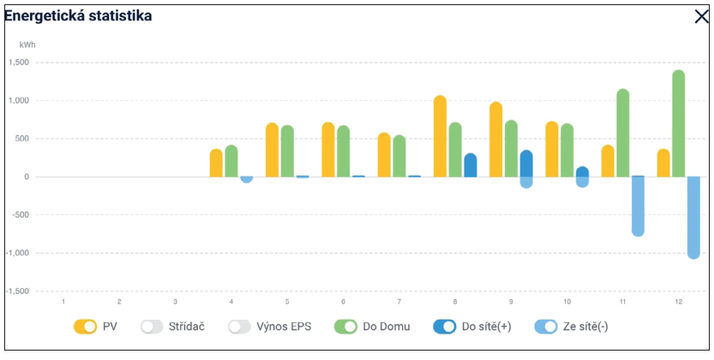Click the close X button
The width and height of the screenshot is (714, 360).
701,15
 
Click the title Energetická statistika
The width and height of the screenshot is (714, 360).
78,15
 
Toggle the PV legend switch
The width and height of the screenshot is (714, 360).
86,326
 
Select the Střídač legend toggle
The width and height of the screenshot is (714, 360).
153,326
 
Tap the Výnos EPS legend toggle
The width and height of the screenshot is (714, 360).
239,326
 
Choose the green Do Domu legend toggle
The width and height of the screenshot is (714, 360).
346,326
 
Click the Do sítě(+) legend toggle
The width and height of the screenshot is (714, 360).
445,326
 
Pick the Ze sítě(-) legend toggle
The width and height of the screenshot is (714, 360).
545,326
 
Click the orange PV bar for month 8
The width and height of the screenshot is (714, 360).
440,136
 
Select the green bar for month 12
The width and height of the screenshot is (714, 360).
678,123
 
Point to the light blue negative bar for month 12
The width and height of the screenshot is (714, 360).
693,216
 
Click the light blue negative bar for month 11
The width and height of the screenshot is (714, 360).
638,206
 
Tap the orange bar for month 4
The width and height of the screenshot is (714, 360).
216,162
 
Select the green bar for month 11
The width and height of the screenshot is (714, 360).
623,133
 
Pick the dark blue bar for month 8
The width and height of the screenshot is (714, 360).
470,165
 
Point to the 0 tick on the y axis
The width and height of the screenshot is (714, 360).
27,177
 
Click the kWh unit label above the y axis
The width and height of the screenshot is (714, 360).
27,43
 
